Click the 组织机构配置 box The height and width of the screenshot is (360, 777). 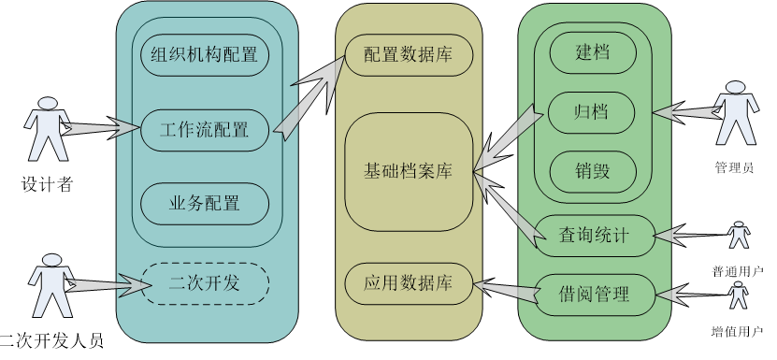(205, 54)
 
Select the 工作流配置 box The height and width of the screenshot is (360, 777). (205, 130)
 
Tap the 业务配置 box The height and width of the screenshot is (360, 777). (205, 204)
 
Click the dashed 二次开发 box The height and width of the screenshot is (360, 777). (205, 283)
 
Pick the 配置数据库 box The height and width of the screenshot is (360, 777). (409, 55)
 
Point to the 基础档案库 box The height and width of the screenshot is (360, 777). (409, 171)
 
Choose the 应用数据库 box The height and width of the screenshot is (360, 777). (409, 283)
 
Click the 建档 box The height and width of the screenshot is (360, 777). (593, 52)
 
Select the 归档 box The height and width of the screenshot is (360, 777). (591, 112)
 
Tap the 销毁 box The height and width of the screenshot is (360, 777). (593, 172)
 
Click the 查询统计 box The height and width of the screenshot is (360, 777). (594, 236)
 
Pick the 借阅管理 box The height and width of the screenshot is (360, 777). (594, 295)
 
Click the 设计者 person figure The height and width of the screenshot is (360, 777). (47, 129)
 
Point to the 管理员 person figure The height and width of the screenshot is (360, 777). (736, 112)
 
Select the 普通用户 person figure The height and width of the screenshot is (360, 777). (739, 235)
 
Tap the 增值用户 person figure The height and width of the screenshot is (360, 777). (739, 295)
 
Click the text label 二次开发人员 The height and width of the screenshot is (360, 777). (51, 341)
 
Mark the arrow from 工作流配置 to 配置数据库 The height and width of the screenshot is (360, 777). (309, 96)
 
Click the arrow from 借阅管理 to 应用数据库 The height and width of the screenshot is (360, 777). (506, 290)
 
